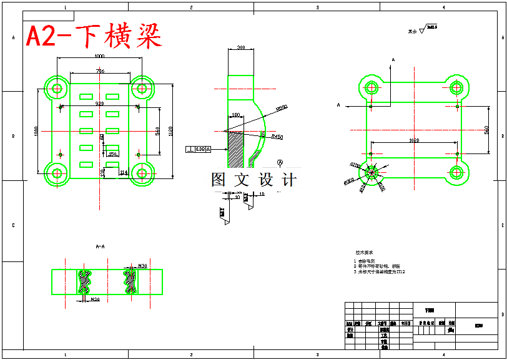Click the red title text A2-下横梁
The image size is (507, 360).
(94, 37)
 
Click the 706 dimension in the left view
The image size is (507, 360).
(100, 72)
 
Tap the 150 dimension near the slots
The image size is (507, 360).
(112, 153)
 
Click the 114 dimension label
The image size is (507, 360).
(124, 172)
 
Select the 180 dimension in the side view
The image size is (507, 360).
(236, 115)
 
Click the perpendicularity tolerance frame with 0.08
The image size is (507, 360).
(199, 149)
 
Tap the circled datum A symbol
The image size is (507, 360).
(280, 162)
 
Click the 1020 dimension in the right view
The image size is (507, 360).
(413, 141)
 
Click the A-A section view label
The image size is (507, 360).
(100, 247)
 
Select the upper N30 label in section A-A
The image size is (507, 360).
(142, 266)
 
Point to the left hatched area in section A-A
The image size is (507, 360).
(85, 282)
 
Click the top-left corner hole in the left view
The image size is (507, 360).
(57, 88)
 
